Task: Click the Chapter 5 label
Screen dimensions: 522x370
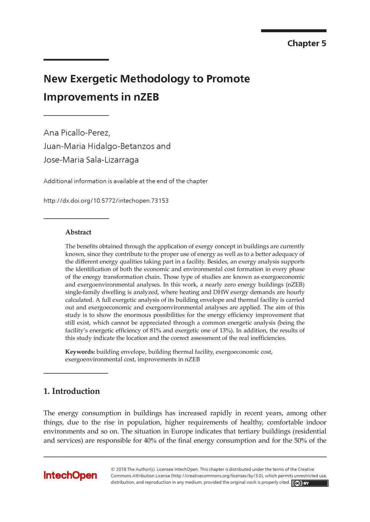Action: (x=307, y=43)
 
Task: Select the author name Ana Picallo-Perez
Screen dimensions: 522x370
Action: (x=77, y=133)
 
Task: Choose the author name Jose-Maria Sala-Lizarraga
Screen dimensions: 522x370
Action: (x=91, y=160)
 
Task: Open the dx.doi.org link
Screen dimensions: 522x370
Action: (x=106, y=201)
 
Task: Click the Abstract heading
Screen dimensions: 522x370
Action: (x=78, y=232)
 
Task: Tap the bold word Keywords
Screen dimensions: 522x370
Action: (x=80, y=352)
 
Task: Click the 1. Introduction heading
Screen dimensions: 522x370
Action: (x=71, y=391)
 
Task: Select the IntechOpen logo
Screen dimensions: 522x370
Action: (x=70, y=476)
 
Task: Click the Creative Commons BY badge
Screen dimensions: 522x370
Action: (x=309, y=483)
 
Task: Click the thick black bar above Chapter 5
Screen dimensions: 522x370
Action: (x=293, y=31)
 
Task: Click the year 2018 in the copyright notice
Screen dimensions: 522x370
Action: (x=121, y=469)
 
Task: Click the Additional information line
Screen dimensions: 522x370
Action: (x=126, y=181)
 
